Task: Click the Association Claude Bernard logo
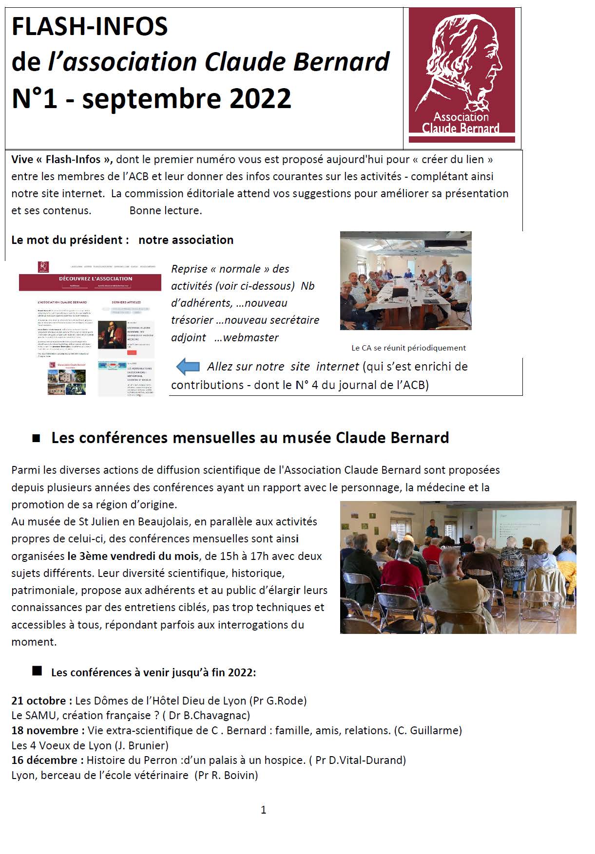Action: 461,75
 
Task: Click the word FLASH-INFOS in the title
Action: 90,26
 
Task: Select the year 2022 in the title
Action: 260,98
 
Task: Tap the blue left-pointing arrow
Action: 188,367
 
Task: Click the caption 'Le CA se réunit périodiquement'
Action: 408,348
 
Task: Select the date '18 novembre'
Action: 45,730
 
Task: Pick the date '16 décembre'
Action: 44,760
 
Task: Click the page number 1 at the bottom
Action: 264,810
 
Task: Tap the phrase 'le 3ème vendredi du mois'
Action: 133,556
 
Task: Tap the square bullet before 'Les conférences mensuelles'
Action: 36,438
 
